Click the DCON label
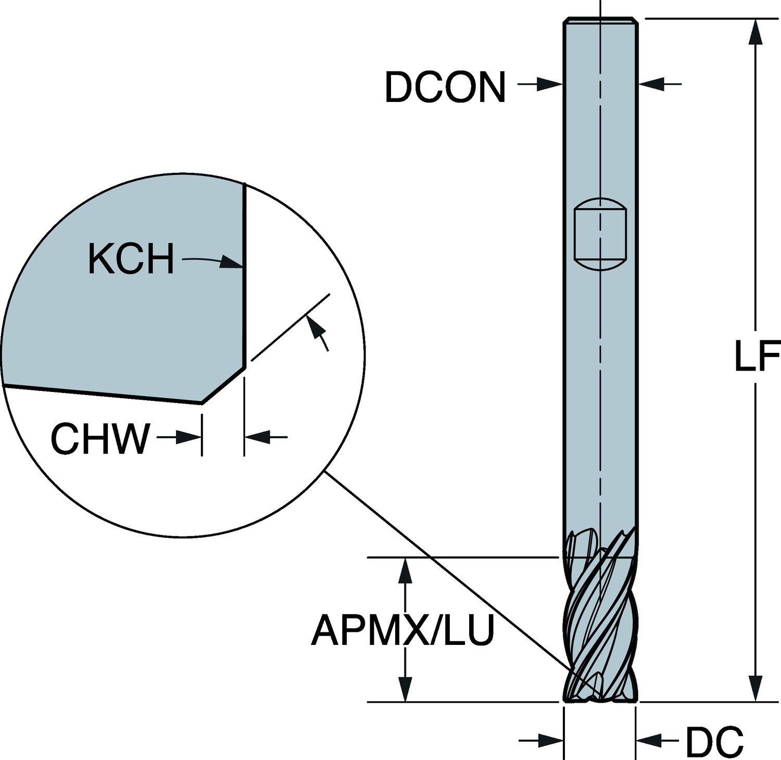click(445, 87)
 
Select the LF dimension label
click(756, 357)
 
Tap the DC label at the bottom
click(714, 741)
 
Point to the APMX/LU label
click(402, 630)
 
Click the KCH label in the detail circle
click(131, 259)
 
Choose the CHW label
click(100, 439)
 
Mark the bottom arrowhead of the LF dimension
click(755, 690)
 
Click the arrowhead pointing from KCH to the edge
click(231, 262)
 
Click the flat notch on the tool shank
click(600, 234)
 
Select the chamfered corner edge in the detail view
click(223, 385)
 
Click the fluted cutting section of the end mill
click(600, 625)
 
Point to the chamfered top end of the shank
click(600, 20)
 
